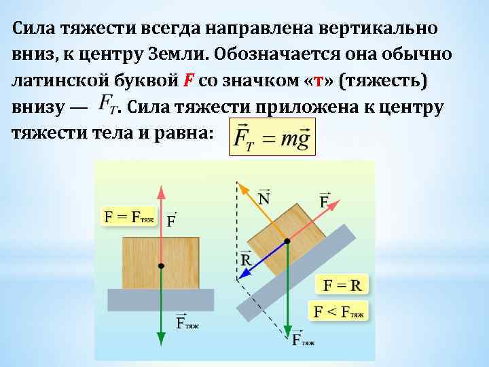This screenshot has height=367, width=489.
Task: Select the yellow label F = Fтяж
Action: coord(129,217)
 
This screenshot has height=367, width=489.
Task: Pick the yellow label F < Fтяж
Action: coord(338,312)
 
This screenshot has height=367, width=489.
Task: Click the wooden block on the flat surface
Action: coord(160,262)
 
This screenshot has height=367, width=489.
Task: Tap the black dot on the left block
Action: coord(160,265)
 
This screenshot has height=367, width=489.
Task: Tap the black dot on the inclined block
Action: coord(288,241)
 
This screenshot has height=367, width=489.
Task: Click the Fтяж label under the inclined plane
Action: coord(303,340)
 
